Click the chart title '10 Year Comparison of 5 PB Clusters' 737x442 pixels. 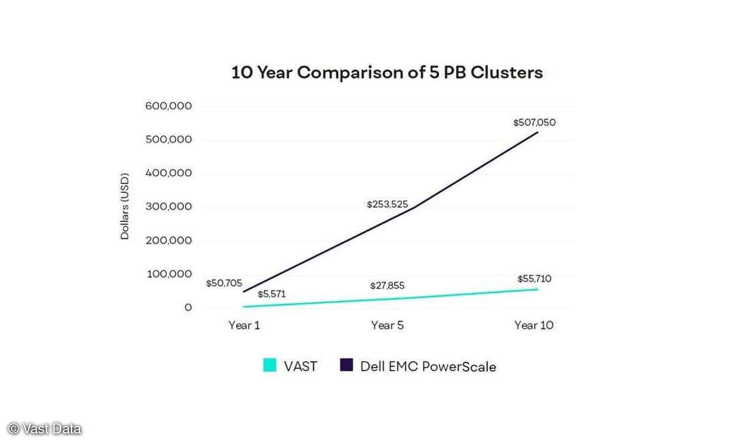coord(387,72)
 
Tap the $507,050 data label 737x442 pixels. coord(534,123)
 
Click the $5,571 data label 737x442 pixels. coord(271,295)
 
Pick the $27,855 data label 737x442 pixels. coord(387,286)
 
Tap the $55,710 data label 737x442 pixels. coord(534,279)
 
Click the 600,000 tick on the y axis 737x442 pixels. coord(168,106)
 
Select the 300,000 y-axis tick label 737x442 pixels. coord(168,207)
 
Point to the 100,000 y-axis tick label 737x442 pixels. coord(168,274)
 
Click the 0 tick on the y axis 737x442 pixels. coord(188,308)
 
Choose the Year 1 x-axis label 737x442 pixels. coord(244,325)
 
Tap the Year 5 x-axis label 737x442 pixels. coord(387,325)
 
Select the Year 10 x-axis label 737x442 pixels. coord(534,325)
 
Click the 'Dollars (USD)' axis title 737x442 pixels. coord(125,207)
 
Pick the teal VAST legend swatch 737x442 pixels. coord(269,366)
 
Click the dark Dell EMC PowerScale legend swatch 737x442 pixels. coord(346,366)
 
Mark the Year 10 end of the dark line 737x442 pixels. coord(538,132)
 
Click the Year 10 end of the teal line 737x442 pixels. coord(538,289)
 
